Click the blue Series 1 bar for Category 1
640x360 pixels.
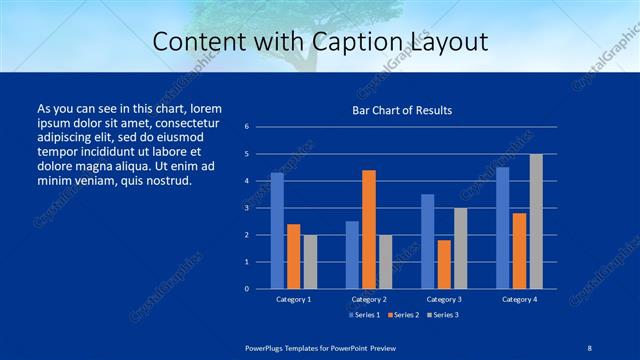click(277, 231)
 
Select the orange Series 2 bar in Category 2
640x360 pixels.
click(368, 229)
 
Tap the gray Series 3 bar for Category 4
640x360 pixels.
click(536, 221)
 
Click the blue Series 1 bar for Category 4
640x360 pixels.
click(502, 228)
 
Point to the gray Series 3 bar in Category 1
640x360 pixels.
click(309, 262)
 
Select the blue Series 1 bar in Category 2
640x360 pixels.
click(352, 255)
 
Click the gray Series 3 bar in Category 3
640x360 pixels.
click(460, 248)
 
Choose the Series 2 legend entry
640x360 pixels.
click(401, 316)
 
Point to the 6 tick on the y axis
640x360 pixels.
click(246, 127)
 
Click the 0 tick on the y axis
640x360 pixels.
click(246, 289)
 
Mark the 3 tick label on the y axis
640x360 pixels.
click(246, 208)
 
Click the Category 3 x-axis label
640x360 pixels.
click(443, 299)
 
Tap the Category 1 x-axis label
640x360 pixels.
click(293, 299)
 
